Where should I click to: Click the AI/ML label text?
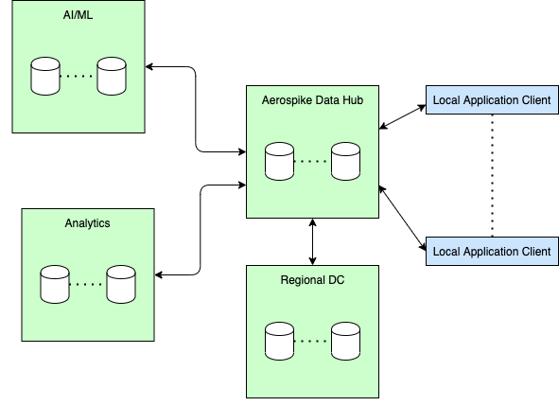[x=79, y=16]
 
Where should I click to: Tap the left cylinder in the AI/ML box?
[x=44, y=77]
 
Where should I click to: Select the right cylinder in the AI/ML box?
[x=111, y=77]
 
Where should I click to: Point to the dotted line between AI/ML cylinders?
[x=78, y=76]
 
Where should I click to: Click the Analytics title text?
[x=87, y=223]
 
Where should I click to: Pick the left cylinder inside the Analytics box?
[x=54, y=284]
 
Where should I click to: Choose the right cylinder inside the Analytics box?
[x=120, y=284]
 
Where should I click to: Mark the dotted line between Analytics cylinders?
[x=87, y=283]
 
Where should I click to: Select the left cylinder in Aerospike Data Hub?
[x=279, y=161]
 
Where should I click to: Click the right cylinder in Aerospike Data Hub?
[x=345, y=161]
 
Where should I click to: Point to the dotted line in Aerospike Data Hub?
[x=312, y=161]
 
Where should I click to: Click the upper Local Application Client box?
[x=491, y=100]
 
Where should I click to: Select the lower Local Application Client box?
[x=491, y=251]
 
